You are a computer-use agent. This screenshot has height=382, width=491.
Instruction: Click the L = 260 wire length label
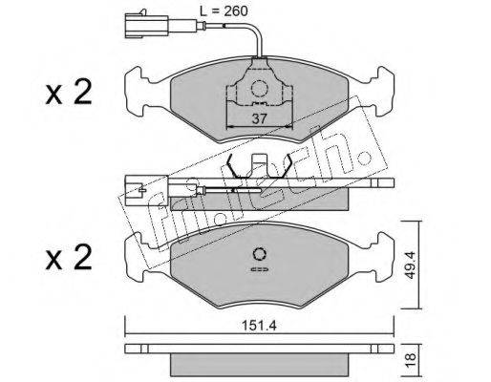pyautogui.click(x=224, y=11)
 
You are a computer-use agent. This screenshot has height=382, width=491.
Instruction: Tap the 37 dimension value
pyautogui.click(x=259, y=119)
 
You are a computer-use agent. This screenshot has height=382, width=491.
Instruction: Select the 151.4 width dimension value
pyautogui.click(x=259, y=326)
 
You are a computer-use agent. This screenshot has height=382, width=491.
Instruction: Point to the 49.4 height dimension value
pyautogui.click(x=411, y=265)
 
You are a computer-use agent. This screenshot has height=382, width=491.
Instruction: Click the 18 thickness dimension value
pyautogui.click(x=411, y=359)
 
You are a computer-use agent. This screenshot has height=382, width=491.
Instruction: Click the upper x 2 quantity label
pyautogui.click(x=69, y=93)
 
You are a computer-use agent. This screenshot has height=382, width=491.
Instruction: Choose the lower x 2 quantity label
pyautogui.click(x=69, y=258)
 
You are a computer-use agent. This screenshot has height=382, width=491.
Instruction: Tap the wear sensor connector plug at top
pyautogui.click(x=146, y=25)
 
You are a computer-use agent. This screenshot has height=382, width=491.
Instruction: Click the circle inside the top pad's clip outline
pyautogui.click(x=259, y=88)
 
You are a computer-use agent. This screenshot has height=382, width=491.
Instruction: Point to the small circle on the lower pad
pyautogui.click(x=260, y=254)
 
